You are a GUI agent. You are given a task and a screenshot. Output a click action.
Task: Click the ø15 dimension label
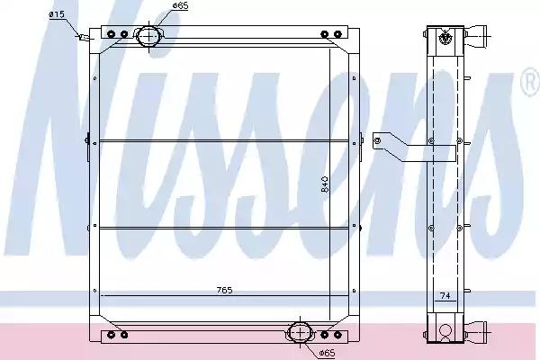coord(57,14)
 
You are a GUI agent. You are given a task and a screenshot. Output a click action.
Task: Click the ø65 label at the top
coord(180,6)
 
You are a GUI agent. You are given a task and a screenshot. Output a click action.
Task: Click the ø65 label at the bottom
coord(327,353)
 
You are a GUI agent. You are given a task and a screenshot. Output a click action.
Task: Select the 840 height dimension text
coord(325,184)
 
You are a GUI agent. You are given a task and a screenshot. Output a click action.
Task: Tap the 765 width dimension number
coord(224,291)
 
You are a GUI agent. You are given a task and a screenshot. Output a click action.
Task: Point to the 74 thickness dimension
coord(445,295)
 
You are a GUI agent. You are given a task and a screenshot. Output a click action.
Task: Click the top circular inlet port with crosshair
coord(148,36)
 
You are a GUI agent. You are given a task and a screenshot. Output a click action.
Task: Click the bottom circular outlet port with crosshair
coord(301,333)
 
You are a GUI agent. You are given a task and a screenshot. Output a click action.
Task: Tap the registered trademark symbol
coord(531,81)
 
